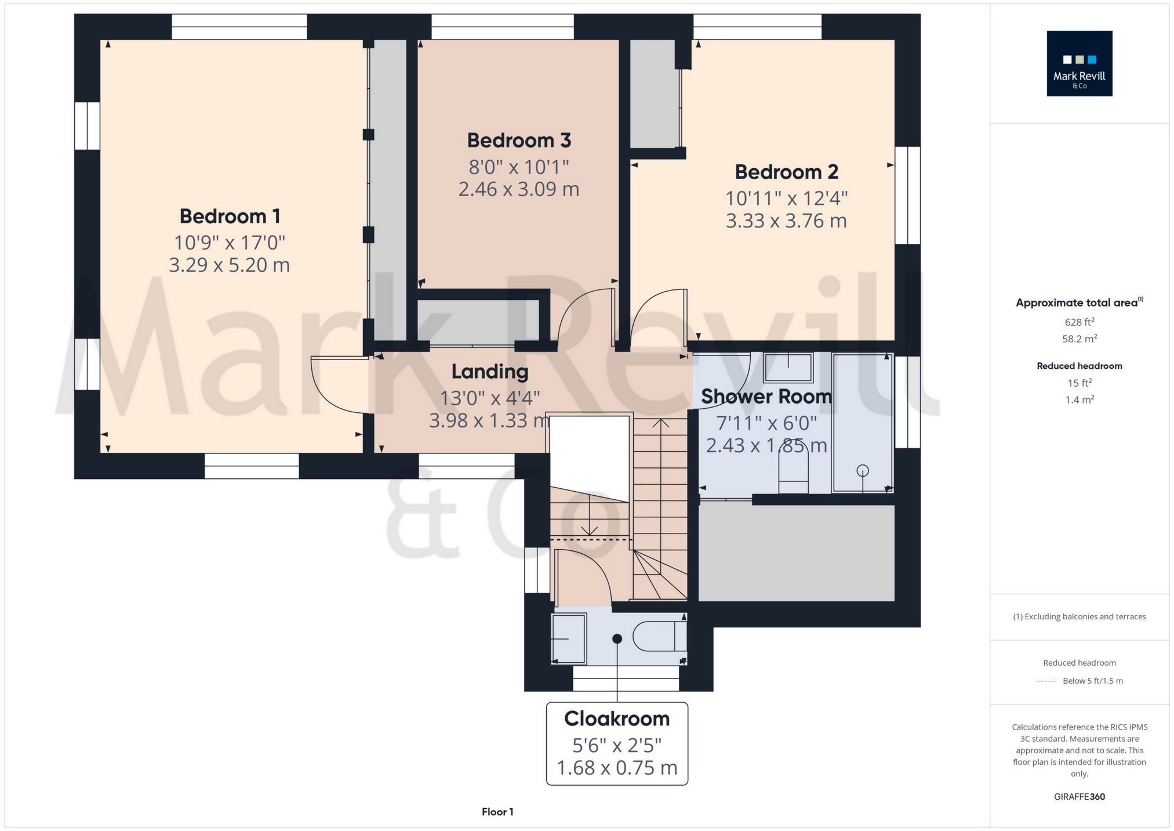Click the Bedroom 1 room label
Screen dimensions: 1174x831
click(230, 216)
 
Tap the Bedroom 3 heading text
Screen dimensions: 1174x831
click(519, 140)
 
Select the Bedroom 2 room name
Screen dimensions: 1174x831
click(787, 172)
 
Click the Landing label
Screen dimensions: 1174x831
click(490, 372)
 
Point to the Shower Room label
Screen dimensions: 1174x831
click(766, 397)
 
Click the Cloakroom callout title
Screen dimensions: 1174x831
click(617, 718)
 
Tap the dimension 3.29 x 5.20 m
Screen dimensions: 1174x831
click(230, 265)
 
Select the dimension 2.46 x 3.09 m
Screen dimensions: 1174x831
click(519, 189)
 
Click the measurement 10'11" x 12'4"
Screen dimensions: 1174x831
click(787, 198)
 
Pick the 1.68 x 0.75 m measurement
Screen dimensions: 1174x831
click(617, 768)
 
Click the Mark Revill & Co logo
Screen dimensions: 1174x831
click(1080, 63)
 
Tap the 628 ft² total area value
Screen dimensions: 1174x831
click(1080, 322)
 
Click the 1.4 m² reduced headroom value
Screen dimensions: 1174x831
click(1080, 400)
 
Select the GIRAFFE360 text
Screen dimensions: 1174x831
click(1080, 797)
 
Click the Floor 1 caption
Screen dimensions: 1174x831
click(497, 812)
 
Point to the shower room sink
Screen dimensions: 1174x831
click(788, 368)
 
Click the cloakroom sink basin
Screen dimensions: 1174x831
click(569, 638)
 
